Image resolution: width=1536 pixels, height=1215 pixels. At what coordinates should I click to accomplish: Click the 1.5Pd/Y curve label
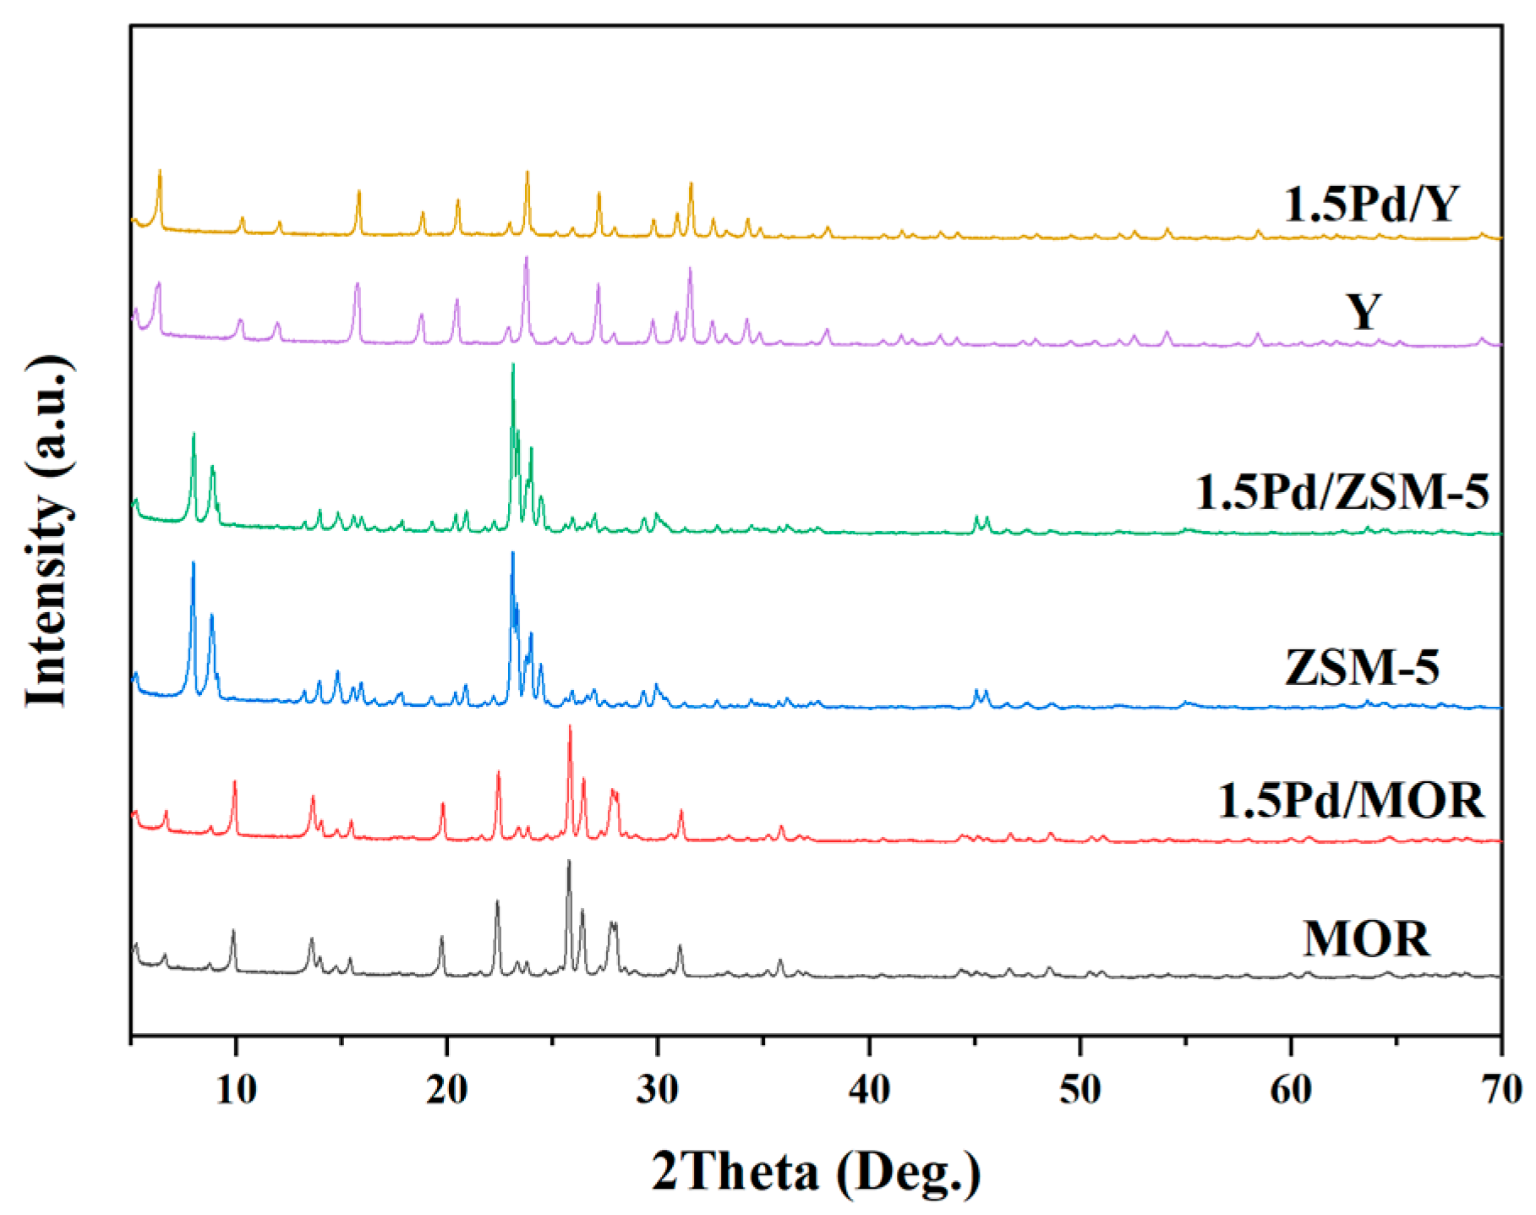tap(1371, 204)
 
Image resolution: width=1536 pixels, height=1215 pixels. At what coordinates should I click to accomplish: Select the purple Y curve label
tap(1364, 312)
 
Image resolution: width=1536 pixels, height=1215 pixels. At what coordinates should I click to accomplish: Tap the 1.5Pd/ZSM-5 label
tap(1342, 492)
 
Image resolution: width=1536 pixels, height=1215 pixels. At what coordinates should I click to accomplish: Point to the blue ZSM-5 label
tap(1362, 667)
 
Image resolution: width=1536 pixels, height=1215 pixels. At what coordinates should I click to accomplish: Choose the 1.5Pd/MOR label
tap(1350, 800)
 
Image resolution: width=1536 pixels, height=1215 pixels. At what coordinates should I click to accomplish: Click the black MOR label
tap(1366, 939)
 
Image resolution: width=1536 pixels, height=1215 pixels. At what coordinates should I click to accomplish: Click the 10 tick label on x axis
tap(236, 1090)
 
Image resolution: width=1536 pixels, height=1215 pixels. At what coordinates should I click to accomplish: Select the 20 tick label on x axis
tap(446, 1090)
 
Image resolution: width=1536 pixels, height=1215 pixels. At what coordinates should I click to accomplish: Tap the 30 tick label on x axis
tap(658, 1090)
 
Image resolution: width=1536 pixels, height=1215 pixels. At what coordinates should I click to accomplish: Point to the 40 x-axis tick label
tap(869, 1090)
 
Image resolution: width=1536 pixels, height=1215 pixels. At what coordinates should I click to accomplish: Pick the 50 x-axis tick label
tap(1080, 1090)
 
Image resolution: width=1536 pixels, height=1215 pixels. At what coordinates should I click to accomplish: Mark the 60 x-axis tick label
tap(1291, 1090)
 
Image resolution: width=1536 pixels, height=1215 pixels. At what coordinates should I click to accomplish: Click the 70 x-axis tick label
tap(1501, 1090)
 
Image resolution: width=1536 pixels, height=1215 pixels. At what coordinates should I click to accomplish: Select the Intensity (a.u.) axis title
tap(47, 531)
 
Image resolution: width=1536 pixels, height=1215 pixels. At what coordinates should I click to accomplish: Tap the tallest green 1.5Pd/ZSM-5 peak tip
tap(512, 365)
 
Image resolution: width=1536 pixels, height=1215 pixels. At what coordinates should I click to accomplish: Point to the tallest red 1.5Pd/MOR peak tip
tap(570, 726)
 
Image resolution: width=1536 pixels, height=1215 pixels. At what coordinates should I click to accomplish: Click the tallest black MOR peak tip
tap(568, 862)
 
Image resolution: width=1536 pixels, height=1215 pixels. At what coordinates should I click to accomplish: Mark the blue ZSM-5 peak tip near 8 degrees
tap(194, 563)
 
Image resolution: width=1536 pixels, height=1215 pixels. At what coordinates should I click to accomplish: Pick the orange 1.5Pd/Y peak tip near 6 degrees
tap(160, 172)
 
